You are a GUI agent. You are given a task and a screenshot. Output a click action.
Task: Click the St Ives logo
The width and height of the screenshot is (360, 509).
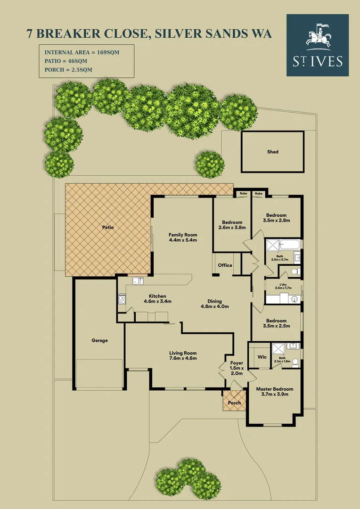318,45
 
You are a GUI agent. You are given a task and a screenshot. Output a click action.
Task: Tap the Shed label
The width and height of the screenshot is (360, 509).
272,152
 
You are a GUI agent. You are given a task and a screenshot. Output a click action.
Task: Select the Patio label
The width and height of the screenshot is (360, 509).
108,227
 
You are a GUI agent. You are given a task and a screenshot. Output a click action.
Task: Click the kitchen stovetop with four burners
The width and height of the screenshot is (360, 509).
122,298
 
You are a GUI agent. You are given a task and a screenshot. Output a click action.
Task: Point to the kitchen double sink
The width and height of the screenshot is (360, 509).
138,281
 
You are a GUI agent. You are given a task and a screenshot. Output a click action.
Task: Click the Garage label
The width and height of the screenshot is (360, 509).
99,340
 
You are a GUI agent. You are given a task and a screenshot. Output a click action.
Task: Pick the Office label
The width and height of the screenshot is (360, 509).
225,265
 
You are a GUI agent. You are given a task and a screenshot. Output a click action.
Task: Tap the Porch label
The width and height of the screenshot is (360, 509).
234,403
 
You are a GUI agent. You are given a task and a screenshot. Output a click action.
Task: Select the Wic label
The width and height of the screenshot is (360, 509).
262,357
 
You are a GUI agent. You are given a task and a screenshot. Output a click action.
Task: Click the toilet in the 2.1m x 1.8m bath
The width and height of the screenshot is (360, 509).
295,362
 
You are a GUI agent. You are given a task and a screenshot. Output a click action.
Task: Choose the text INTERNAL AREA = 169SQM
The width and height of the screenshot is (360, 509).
82,52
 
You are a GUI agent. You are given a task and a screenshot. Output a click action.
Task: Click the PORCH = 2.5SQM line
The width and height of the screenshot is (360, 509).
68,69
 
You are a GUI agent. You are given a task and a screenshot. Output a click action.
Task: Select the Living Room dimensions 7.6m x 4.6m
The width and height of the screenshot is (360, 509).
183,359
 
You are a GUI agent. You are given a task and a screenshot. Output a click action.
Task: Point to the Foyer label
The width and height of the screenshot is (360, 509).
237,363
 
